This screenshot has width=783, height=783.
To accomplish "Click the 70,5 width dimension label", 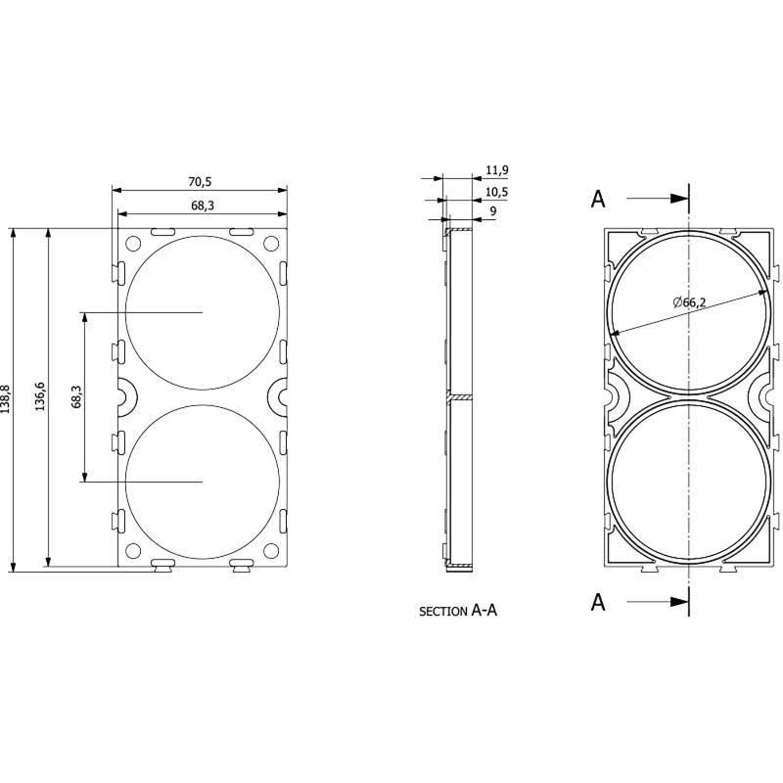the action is pos(200,182).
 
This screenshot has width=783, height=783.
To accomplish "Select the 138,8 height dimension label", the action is pos(6,399).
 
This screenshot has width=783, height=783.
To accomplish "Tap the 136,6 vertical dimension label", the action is pos(40,396).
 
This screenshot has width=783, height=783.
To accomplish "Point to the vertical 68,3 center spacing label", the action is pos(76,396).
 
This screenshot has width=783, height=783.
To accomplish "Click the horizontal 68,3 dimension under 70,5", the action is pos(203,206).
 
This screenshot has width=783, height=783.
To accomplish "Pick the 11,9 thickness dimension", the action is pos(497,170).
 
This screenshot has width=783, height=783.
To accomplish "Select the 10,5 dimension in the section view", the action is pos(497,192).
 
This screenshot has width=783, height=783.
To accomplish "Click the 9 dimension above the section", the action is pos(493,210).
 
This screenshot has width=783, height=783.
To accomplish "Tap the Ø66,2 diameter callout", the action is pos(689,301).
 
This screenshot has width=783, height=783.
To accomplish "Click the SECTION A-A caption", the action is pos(458,611).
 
